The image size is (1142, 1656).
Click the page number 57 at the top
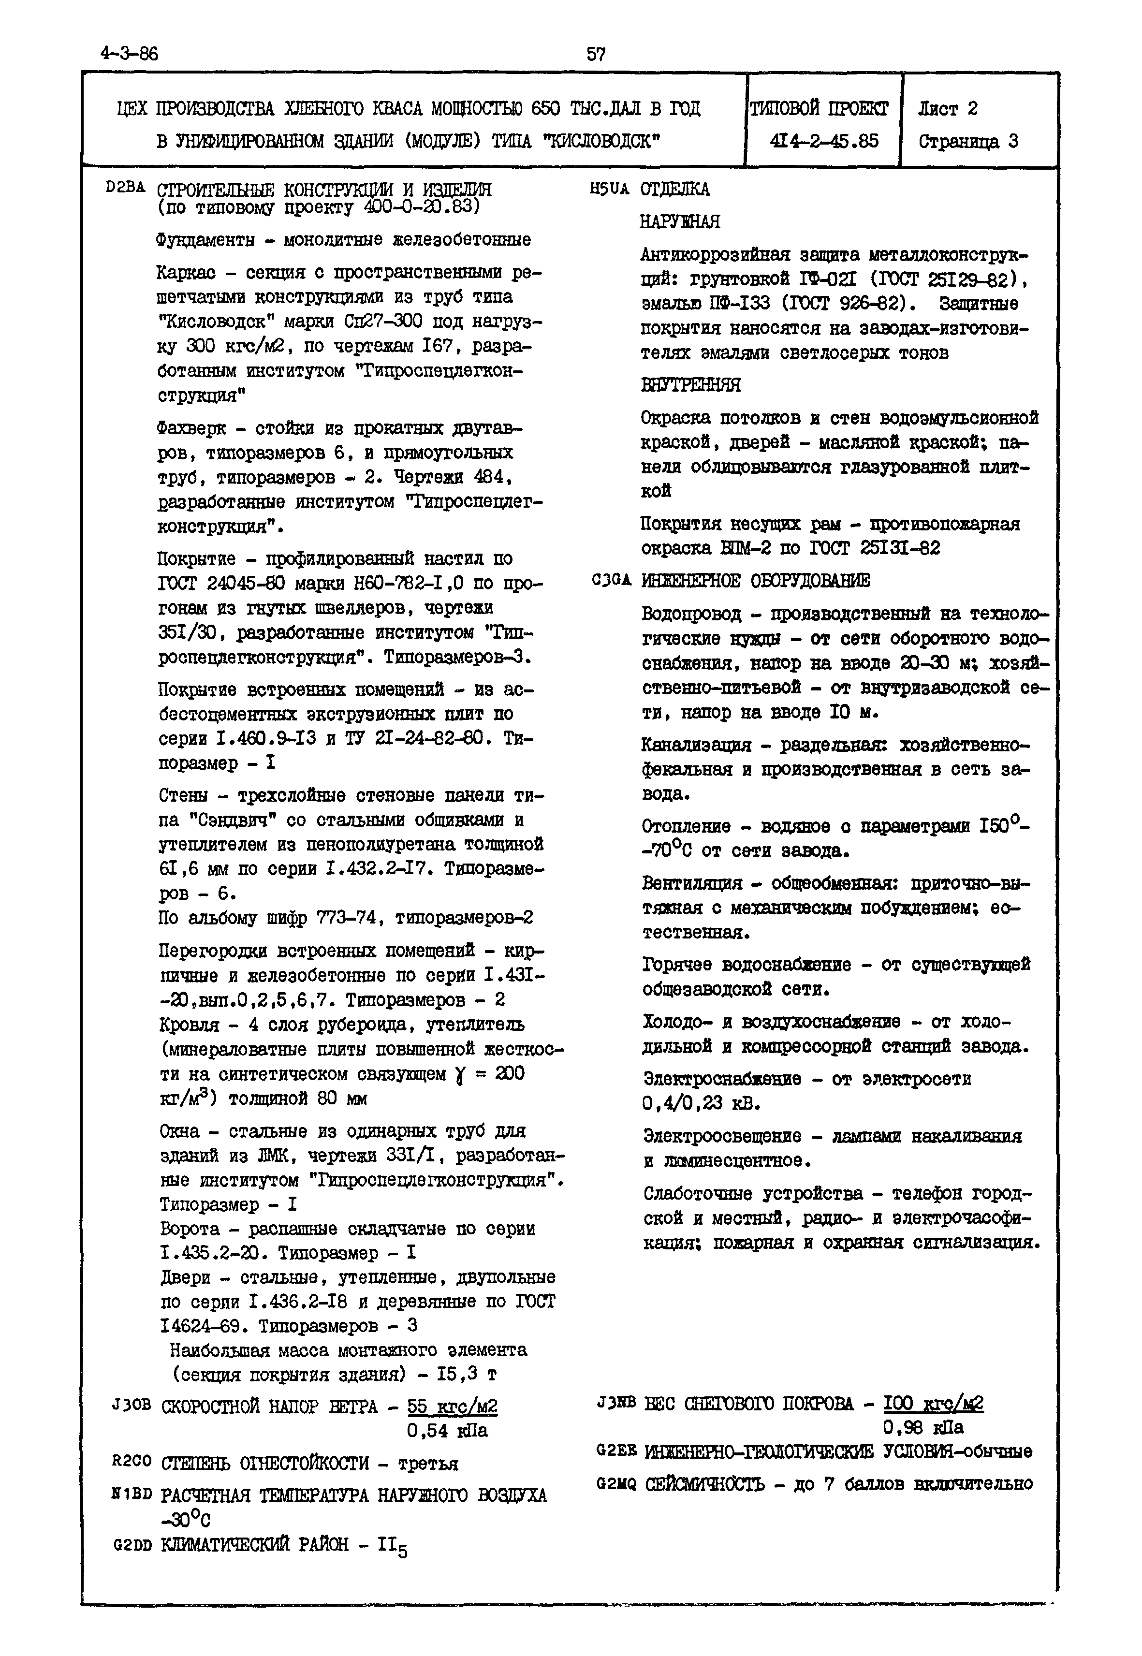[x=596, y=54]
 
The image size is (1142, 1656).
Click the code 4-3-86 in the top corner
[x=130, y=54]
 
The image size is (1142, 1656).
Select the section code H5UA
[x=610, y=189]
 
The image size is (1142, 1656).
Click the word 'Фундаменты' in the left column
[x=205, y=240]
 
